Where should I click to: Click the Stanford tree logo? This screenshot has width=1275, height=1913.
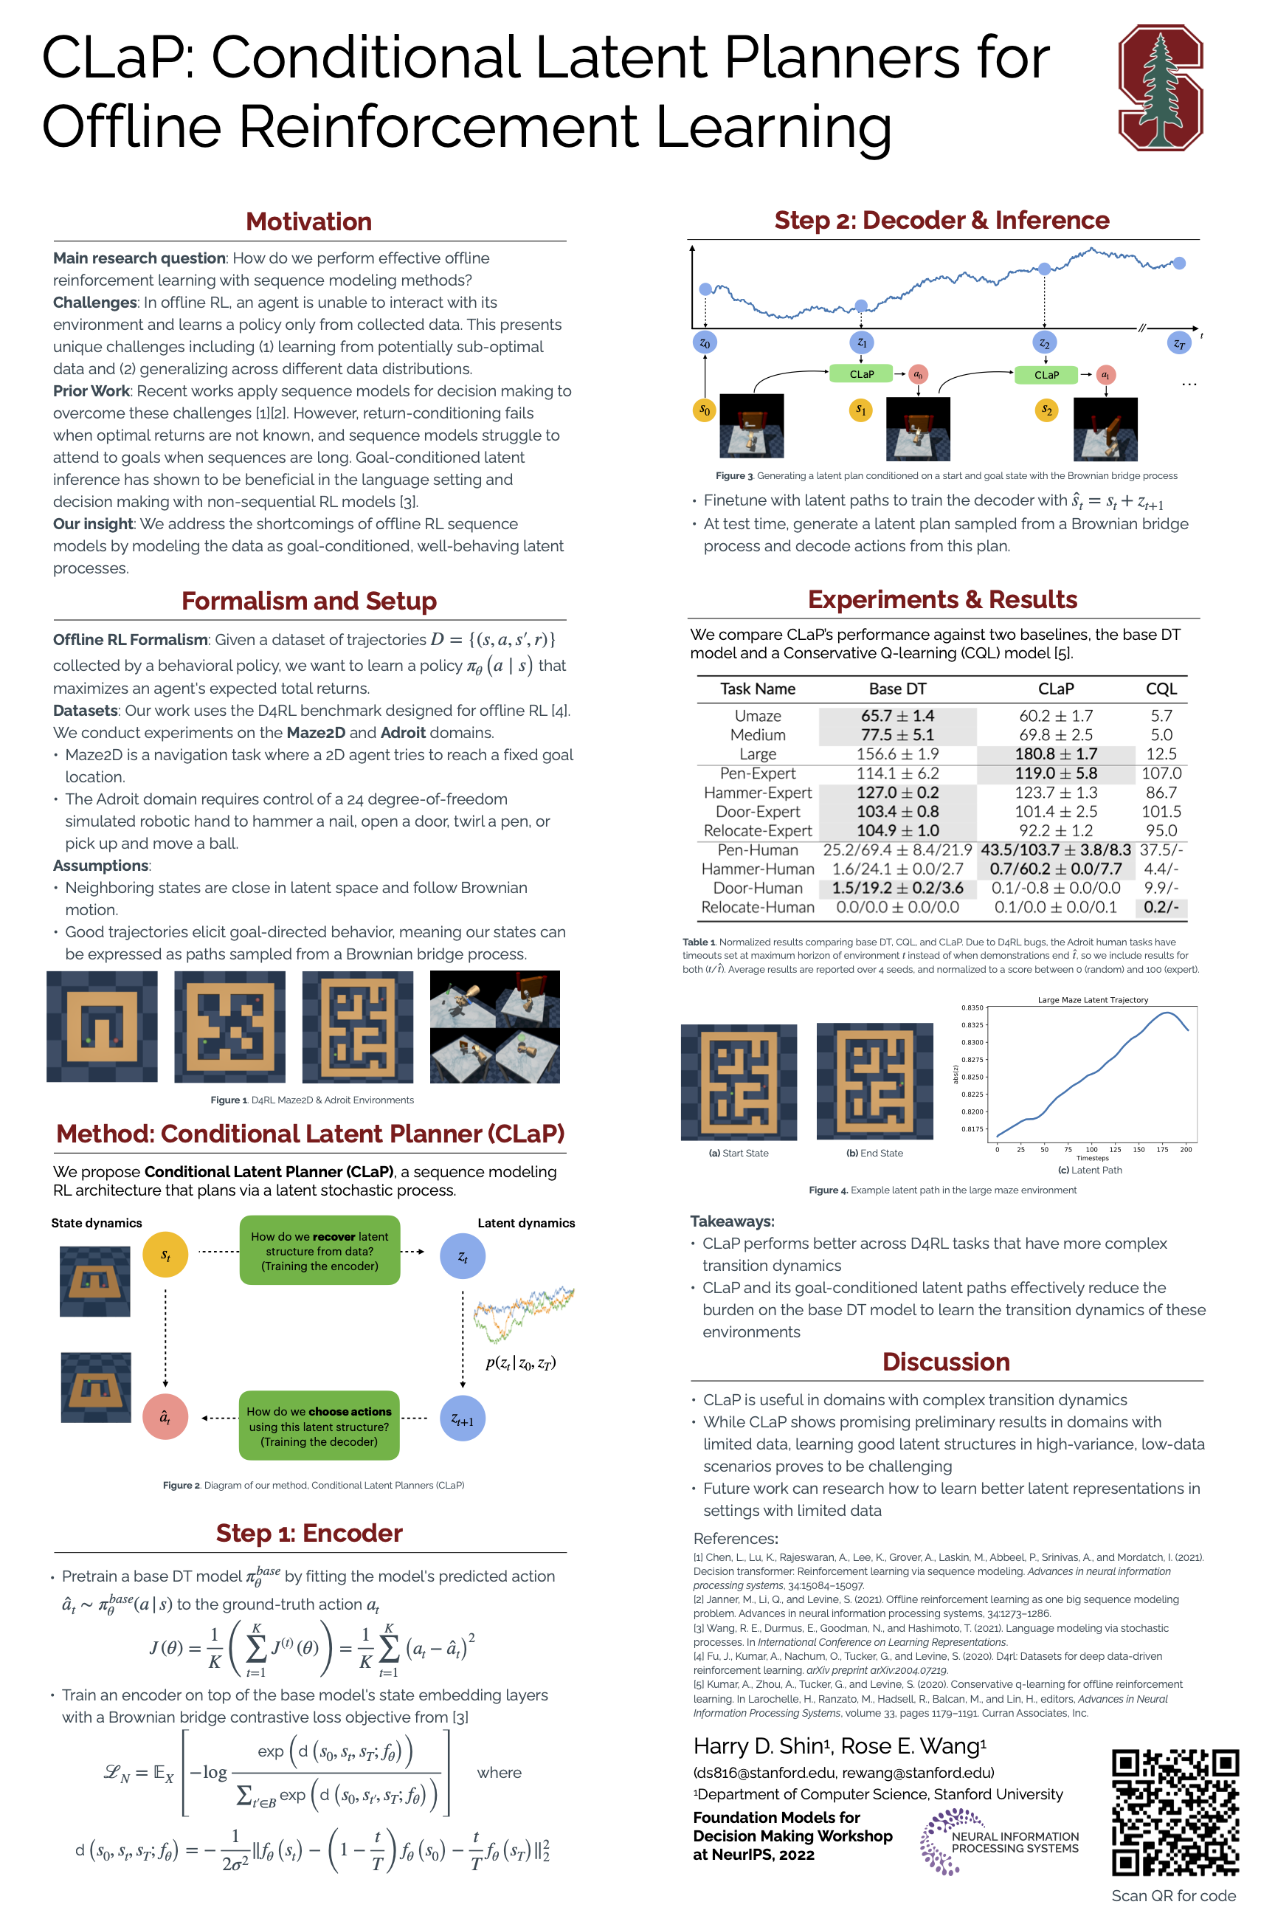1161,87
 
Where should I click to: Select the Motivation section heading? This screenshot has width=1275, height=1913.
309,221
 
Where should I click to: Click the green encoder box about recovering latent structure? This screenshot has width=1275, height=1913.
319,1250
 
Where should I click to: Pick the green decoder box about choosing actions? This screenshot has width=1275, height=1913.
319,1426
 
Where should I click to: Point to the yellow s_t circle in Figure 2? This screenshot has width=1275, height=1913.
165,1255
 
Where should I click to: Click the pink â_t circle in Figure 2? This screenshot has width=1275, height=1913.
165,1418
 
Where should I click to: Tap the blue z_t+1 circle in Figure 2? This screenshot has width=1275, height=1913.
463,1419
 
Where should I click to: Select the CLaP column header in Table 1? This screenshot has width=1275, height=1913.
1055,689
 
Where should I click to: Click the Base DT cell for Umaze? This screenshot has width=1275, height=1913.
897,716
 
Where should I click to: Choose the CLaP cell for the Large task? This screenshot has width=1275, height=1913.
1055,754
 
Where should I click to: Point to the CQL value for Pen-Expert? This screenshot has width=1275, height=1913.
1161,773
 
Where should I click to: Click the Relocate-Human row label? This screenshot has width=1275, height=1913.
757,907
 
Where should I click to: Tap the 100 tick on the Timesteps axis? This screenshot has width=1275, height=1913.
1091,1149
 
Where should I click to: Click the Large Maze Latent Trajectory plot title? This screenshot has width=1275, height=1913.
1092,999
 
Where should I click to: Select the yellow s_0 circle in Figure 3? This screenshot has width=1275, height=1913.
705,410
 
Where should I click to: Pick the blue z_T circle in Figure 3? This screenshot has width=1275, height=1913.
1179,343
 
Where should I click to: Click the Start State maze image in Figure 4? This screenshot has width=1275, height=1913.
739,1082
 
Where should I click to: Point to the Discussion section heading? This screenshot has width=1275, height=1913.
946,1362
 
